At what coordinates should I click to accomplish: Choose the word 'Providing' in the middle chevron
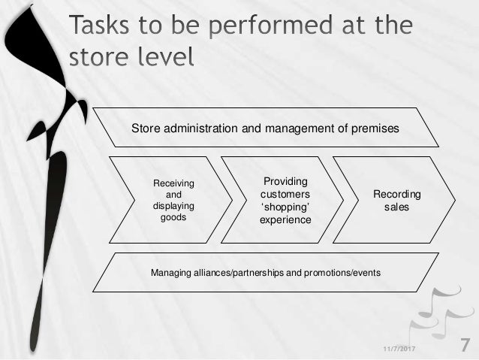284,182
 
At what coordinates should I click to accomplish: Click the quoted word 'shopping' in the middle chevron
284,207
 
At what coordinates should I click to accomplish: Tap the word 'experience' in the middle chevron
284,219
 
